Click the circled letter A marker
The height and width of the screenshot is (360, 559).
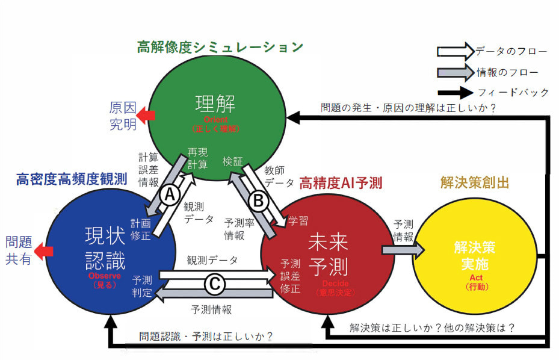coord(170,194)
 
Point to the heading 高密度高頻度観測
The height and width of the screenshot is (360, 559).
coord(71,179)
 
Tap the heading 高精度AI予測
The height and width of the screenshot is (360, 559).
coord(341,181)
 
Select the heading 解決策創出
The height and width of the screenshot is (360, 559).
coord(475,182)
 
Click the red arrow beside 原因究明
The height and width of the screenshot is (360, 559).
coord(146,116)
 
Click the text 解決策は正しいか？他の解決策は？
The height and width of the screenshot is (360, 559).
coord(433,329)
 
